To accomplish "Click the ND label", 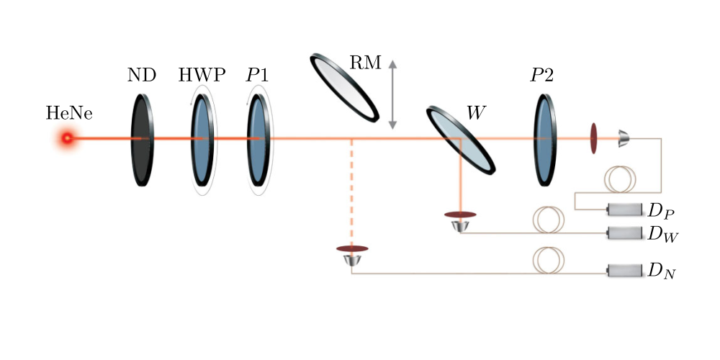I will tap(143, 75).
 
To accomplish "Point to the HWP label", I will tap(202, 75).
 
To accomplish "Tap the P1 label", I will tap(258, 75).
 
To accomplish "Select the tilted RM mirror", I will tap(344, 86).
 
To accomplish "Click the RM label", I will tap(366, 62).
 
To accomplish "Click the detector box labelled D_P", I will tap(624, 210).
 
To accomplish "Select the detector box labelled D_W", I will tap(624, 233).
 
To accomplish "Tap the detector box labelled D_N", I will tap(624, 271).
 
